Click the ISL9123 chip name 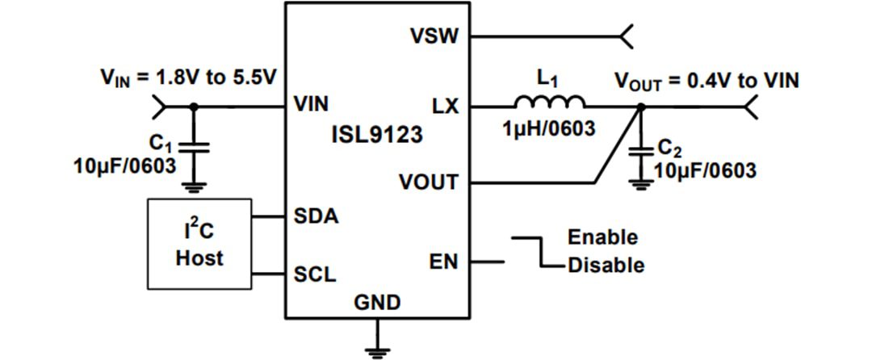click(x=377, y=135)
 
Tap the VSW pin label click(x=435, y=36)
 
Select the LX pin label click(x=445, y=105)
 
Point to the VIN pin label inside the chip click(x=311, y=105)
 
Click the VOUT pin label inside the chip click(x=428, y=182)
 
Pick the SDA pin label click(x=316, y=216)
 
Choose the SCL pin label click(x=315, y=274)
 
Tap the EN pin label click(x=444, y=262)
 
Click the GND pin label click(x=377, y=303)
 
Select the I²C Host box click(x=199, y=245)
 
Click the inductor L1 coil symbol click(x=550, y=101)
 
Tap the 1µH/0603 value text click(x=548, y=130)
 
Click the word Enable click(x=602, y=237)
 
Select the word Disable click(x=606, y=265)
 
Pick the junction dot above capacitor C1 click(x=193, y=106)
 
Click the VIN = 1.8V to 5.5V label click(x=188, y=77)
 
